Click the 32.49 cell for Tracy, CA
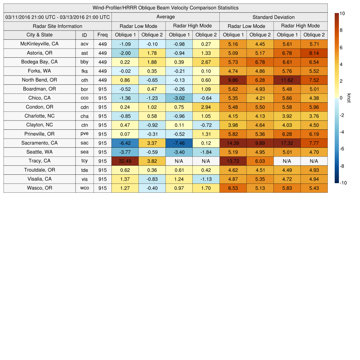point(125,161)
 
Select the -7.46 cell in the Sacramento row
point(179,143)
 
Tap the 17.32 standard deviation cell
point(287,143)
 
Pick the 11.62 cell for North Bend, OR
point(287,80)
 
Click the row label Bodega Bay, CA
point(39,62)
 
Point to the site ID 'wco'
point(84,188)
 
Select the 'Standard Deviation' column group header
point(274,17)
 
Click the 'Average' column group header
point(165,17)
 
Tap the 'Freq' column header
point(102,35)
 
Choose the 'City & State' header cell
point(39,35)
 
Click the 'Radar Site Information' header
point(57,26)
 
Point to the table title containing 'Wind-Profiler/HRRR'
point(165,8)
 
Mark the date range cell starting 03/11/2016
point(58,17)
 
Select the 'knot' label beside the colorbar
point(349,98)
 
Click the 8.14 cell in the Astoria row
point(314,53)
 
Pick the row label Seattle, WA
point(39,152)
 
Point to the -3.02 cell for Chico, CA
point(179,98)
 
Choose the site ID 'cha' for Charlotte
point(84,116)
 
